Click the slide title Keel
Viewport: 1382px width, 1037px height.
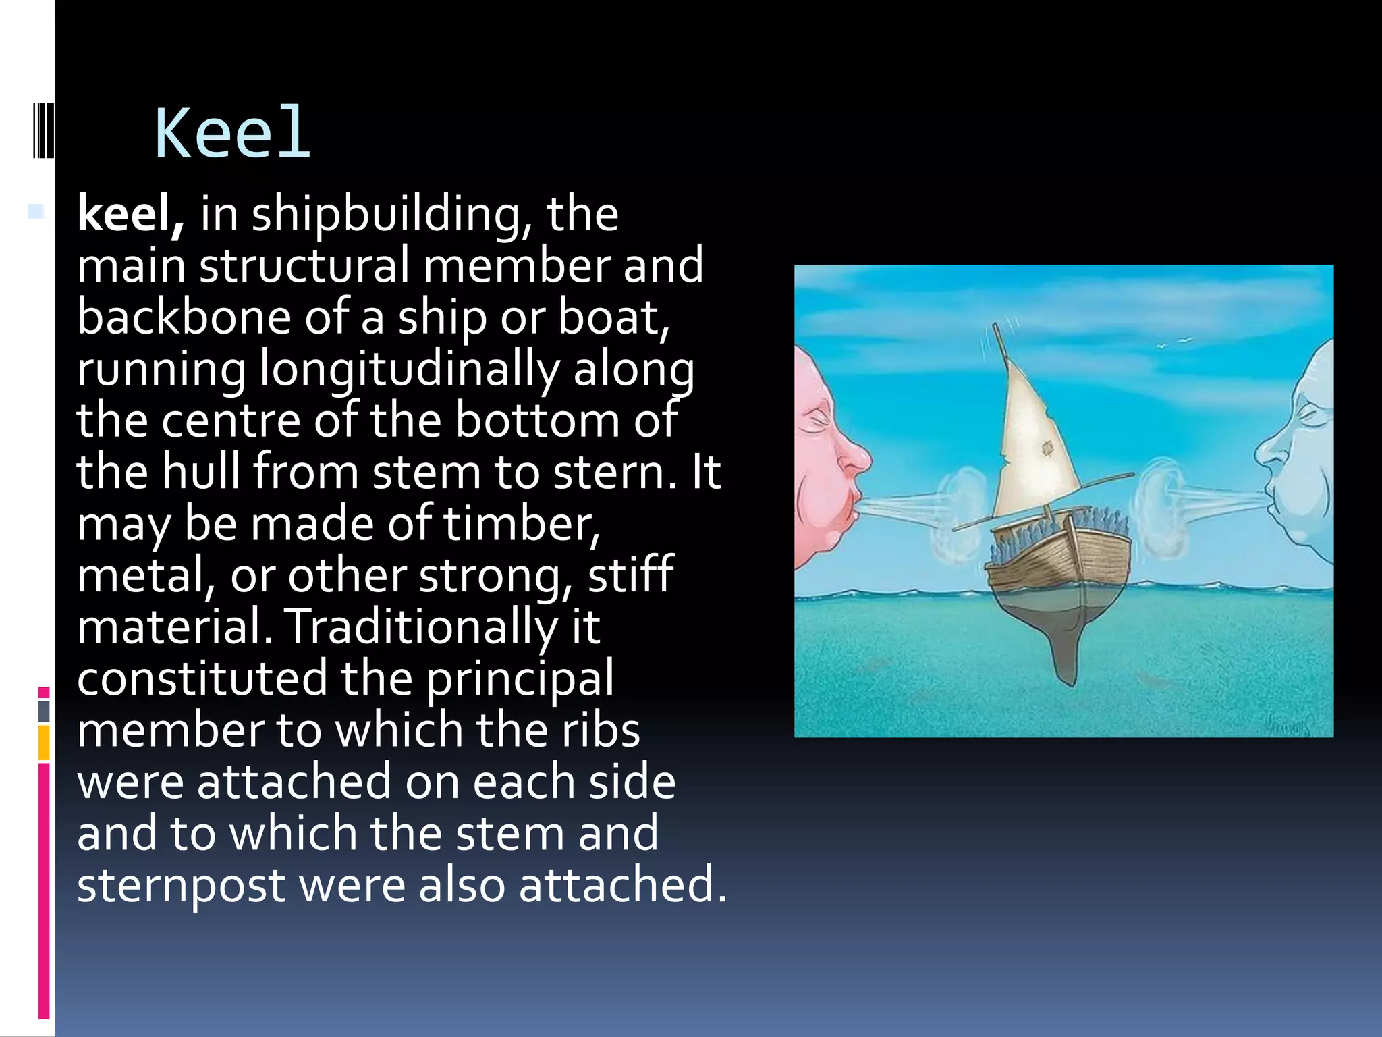(x=233, y=133)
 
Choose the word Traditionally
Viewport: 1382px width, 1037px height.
(x=422, y=627)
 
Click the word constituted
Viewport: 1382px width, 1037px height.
(x=202, y=679)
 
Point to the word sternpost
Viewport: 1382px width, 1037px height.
(x=181, y=885)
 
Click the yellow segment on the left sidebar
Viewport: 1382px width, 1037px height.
(x=44, y=743)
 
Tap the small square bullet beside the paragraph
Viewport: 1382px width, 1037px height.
(x=36, y=211)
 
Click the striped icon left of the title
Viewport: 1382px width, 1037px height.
(x=43, y=130)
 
